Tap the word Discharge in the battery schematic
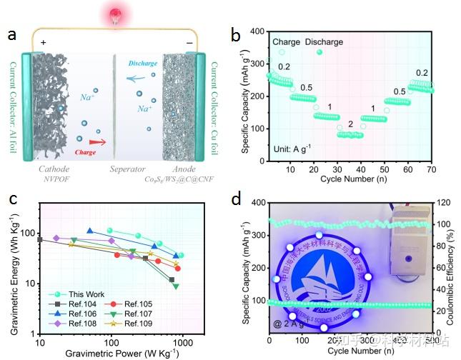pos(143,63)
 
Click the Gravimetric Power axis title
pos(112,353)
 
